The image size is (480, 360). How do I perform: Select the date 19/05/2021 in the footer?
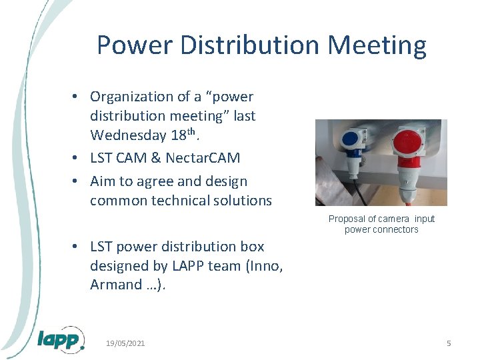pyautogui.click(x=125, y=343)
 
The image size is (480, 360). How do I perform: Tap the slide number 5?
pyautogui.click(x=449, y=343)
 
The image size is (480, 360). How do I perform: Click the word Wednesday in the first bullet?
pyautogui.click(x=128, y=135)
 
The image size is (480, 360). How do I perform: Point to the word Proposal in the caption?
pyautogui.click(x=347, y=219)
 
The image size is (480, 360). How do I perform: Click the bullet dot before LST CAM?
pyautogui.click(x=77, y=159)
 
